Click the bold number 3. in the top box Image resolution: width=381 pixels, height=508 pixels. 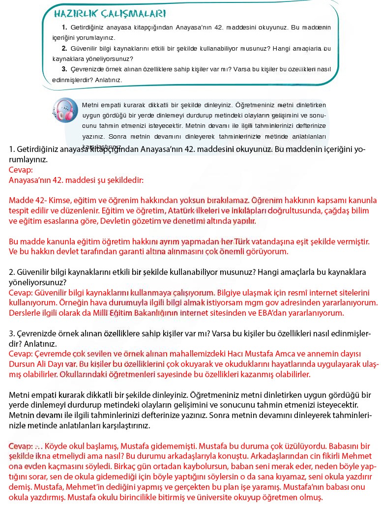pyautogui.click(x=64, y=69)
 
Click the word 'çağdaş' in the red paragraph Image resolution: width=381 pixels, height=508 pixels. pyautogui.click(x=332, y=210)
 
